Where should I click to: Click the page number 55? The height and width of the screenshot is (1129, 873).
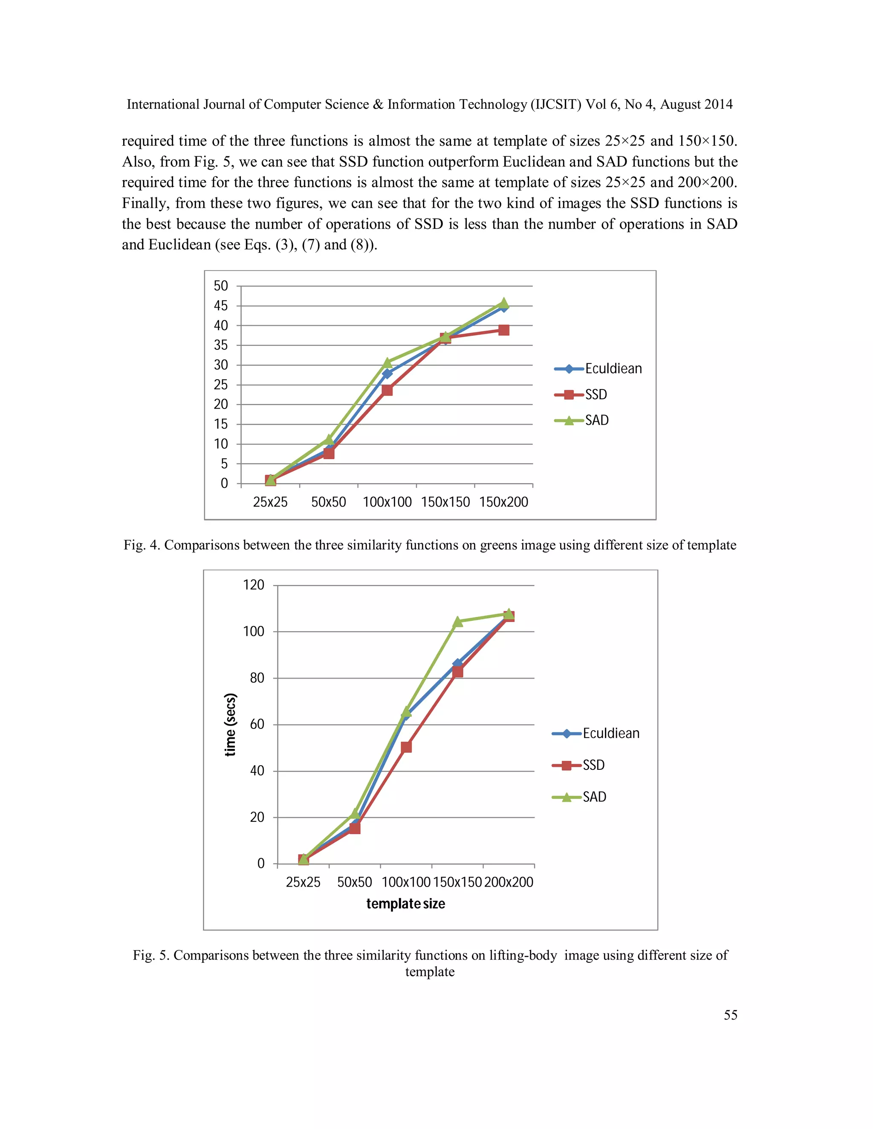730,1015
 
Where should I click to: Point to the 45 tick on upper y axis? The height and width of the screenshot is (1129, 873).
221,306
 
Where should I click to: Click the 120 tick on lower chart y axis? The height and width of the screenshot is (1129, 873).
254,585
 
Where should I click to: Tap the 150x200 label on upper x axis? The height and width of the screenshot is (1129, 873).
503,502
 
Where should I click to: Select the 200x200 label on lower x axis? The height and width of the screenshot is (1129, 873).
509,882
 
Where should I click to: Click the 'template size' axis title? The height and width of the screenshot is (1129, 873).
405,904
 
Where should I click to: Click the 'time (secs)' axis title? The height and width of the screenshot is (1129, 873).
231,724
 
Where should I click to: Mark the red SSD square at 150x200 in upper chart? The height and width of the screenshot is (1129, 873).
504,330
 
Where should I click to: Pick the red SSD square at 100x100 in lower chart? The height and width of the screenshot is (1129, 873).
406,747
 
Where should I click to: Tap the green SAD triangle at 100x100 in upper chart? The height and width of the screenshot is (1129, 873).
387,363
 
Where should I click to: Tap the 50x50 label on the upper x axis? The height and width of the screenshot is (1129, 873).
328,502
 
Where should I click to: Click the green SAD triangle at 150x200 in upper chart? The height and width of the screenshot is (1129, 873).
504,303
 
